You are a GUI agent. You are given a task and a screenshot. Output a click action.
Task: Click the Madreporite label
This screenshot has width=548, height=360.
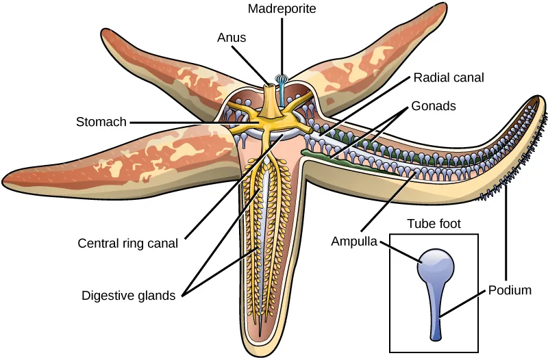click(x=282, y=10)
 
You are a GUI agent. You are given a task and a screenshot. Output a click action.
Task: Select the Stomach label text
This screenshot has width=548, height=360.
click(x=101, y=123)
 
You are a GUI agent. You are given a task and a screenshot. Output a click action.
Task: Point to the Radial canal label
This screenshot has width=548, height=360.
click(x=449, y=77)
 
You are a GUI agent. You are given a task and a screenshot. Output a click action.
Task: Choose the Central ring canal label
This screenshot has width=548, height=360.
click(x=127, y=243)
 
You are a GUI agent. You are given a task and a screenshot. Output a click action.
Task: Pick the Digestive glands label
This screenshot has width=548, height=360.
click(x=128, y=296)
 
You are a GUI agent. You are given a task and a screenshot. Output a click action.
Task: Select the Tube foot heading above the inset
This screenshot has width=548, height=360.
click(x=434, y=224)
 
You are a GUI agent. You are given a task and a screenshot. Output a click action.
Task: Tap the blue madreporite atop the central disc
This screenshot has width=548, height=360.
click(x=281, y=81)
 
